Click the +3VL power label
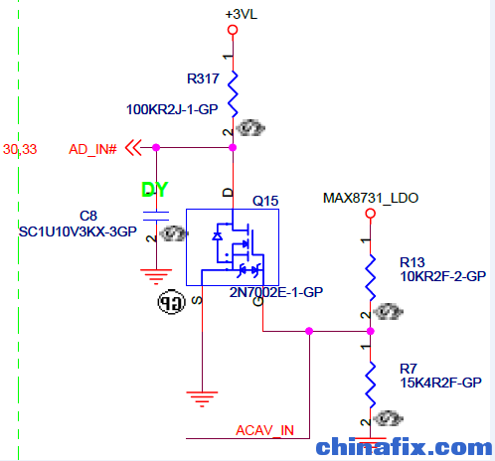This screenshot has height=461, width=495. (241, 15)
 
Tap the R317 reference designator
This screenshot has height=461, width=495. (203, 78)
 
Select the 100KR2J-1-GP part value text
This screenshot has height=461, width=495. (172, 109)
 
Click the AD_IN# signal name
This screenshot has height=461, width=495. (92, 149)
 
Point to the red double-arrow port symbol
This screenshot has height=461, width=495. (133, 148)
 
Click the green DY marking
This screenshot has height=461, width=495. (155, 190)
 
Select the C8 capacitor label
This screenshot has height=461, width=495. (88, 216)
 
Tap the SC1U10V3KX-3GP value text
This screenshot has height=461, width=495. (78, 231)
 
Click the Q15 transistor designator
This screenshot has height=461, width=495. (265, 201)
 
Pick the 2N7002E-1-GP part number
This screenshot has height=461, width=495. (276, 292)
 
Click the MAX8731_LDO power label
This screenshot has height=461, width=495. (371, 198)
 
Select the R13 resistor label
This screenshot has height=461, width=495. (412, 262)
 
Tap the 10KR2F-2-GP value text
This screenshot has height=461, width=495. (443, 276)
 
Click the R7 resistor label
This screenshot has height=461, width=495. (409, 369)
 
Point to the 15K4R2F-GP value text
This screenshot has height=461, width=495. (440, 383)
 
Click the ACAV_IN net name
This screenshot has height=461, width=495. (264, 430)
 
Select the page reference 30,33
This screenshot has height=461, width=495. (20, 149)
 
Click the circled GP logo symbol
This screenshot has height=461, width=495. (171, 302)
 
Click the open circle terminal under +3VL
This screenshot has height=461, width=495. (233, 30)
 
